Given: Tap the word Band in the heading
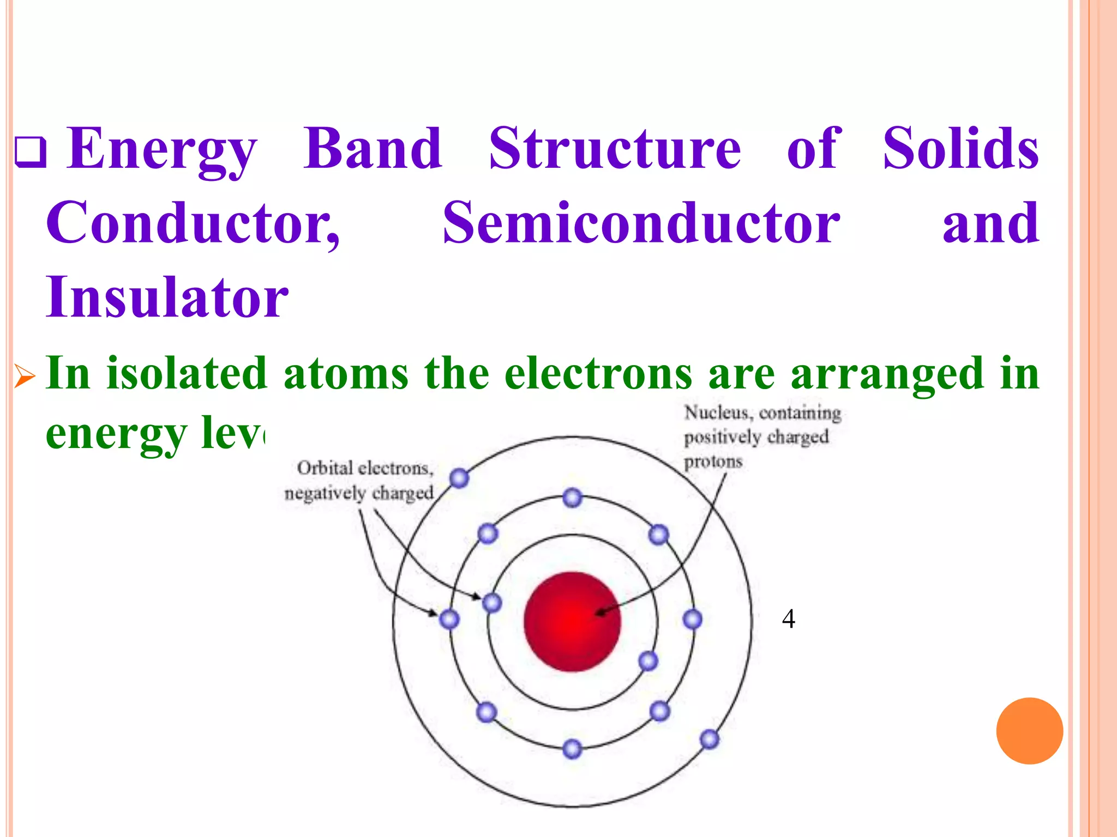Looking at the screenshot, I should point(373,148).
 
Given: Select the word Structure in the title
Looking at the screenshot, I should point(615,148).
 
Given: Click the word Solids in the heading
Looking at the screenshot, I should point(960,148).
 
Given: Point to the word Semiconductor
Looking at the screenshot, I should point(641,223).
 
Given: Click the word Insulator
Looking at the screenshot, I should point(167,298).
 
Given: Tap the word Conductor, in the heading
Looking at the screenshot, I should point(193,223).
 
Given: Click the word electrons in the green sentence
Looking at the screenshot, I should point(598,374).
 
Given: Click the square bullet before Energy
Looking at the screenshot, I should point(30,152).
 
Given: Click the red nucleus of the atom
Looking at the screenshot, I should point(572,621).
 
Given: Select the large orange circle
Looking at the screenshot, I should point(1029,731).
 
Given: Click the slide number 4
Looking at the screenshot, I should point(788,619).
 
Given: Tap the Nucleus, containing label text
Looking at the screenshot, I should point(762,414).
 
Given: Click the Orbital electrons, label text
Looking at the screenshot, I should point(365,468).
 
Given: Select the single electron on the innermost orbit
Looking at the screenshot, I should point(648,662).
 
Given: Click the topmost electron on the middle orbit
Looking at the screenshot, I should point(572,498).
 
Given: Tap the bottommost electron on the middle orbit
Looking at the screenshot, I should point(572,749).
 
